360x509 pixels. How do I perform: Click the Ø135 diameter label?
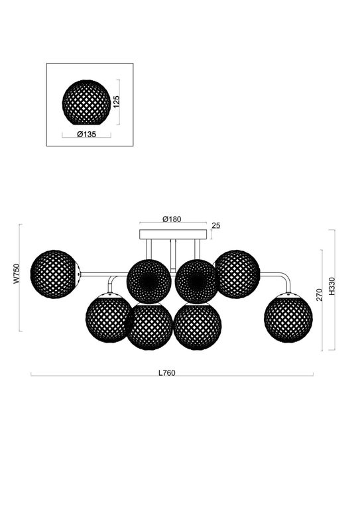click(86, 134)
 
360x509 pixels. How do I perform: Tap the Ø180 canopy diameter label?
click(172, 219)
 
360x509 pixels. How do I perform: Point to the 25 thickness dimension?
click(215, 226)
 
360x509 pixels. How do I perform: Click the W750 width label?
click(17, 277)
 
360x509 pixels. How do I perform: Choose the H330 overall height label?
click(339, 290)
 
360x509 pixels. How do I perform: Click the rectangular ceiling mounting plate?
click(172, 235)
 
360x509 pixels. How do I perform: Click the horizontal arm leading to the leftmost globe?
click(103, 273)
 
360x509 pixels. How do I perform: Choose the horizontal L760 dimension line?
click(99, 375)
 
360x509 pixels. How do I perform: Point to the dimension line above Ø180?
click(172, 223)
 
